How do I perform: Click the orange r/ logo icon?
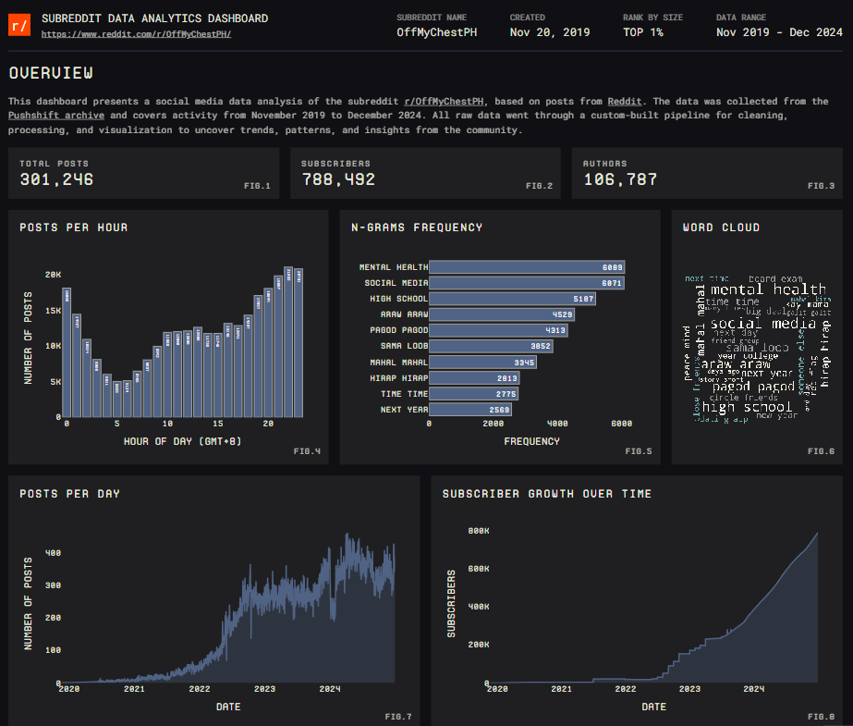coord(19,26)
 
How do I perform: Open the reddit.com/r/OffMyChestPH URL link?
coord(137,34)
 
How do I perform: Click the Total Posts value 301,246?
coord(56,179)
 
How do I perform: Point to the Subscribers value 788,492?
coord(338,179)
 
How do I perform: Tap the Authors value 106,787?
coord(619,179)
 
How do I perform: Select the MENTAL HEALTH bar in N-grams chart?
coord(528,267)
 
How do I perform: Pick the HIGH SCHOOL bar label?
coord(399,299)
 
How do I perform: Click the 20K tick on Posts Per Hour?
coord(53,275)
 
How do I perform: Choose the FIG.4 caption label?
coord(307,451)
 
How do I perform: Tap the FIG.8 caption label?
coord(821,717)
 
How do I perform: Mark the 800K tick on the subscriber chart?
coord(478,531)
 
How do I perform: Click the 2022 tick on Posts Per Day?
coord(200,689)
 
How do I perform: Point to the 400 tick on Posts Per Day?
coord(53,553)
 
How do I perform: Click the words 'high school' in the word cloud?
coord(747,407)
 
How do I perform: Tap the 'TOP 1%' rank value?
coord(644,31)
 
